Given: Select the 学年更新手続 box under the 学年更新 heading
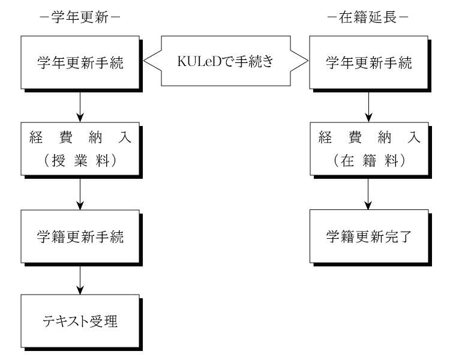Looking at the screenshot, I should (x=80, y=62).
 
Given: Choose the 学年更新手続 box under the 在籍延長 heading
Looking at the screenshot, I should (x=368, y=62).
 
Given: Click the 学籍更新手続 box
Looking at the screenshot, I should (x=80, y=236).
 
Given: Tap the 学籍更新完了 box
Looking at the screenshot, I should (x=368, y=236).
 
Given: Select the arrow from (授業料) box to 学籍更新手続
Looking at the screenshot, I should (x=80, y=193).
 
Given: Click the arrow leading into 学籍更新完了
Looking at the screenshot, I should (x=368, y=193).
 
